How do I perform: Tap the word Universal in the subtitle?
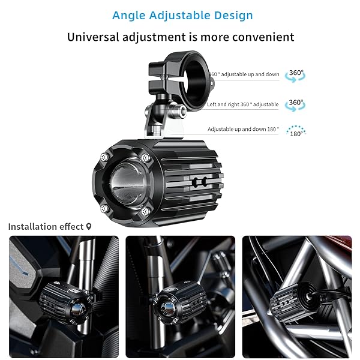[x=93, y=37]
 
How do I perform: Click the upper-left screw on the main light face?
[x=104, y=157]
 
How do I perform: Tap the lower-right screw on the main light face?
[x=145, y=212]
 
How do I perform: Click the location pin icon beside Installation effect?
[x=89, y=227]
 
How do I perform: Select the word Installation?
[x=33, y=227]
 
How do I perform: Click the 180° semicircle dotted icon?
[x=296, y=131]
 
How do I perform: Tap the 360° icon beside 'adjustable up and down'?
[x=295, y=76]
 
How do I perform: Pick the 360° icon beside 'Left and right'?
[x=295, y=105]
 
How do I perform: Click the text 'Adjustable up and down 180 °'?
[x=243, y=129]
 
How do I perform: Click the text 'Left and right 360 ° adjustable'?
[x=242, y=104]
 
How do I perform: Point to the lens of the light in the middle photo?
[x=167, y=307]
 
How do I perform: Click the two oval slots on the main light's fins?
[x=200, y=182]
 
